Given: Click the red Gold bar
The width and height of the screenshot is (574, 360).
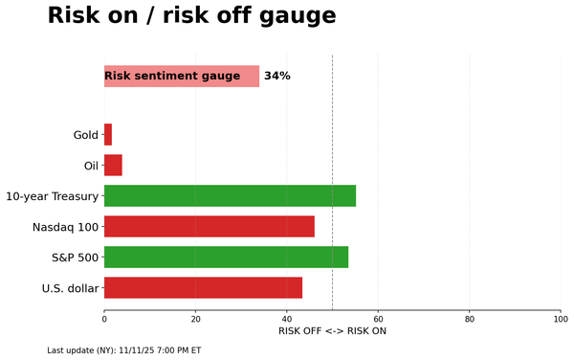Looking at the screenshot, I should coord(108,135).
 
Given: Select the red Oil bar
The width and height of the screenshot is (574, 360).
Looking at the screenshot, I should coord(113,166).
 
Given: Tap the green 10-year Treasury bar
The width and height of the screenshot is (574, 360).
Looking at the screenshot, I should coord(230,196).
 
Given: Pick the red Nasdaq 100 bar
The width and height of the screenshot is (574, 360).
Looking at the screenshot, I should coord(209,227).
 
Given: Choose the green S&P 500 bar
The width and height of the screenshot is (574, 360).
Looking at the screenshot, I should coord(226,258).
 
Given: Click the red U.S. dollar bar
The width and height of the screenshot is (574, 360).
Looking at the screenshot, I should coord(203,288).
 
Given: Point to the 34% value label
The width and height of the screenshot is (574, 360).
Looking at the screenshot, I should coord(277,77).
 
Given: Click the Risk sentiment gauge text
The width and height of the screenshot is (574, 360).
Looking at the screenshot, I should coord(172,77).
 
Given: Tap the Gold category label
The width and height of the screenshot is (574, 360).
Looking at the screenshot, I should coord(86,135).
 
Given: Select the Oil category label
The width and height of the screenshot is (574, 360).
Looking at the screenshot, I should coord(91,166).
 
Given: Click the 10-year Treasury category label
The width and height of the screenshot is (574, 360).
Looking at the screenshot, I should coord(52,196).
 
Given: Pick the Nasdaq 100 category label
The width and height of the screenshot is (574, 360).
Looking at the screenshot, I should coord(66,227).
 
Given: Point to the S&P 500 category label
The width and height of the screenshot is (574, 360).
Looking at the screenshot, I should coord(75,258).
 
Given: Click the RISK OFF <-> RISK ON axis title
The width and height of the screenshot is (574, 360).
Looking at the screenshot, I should coord(332,331).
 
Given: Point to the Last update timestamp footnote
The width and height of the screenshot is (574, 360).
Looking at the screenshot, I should coord(123,350).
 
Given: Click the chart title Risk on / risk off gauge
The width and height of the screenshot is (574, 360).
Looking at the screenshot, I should coord(191,16).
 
